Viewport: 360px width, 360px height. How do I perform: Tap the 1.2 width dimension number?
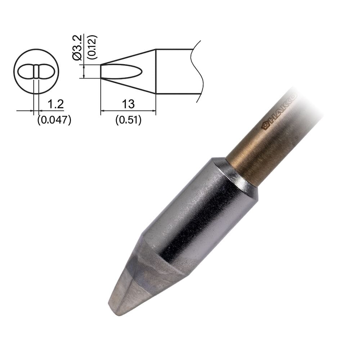[x=55, y=104]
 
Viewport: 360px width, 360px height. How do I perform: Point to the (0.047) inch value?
[x=54, y=120]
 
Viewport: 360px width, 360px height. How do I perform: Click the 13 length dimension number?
[x=128, y=104]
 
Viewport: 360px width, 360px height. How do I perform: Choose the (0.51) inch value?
[x=128, y=120]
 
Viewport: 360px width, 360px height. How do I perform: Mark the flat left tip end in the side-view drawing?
[x=100, y=71]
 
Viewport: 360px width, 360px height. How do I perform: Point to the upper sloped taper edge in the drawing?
[x=128, y=57]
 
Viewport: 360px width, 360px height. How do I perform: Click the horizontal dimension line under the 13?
[x=128, y=111]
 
